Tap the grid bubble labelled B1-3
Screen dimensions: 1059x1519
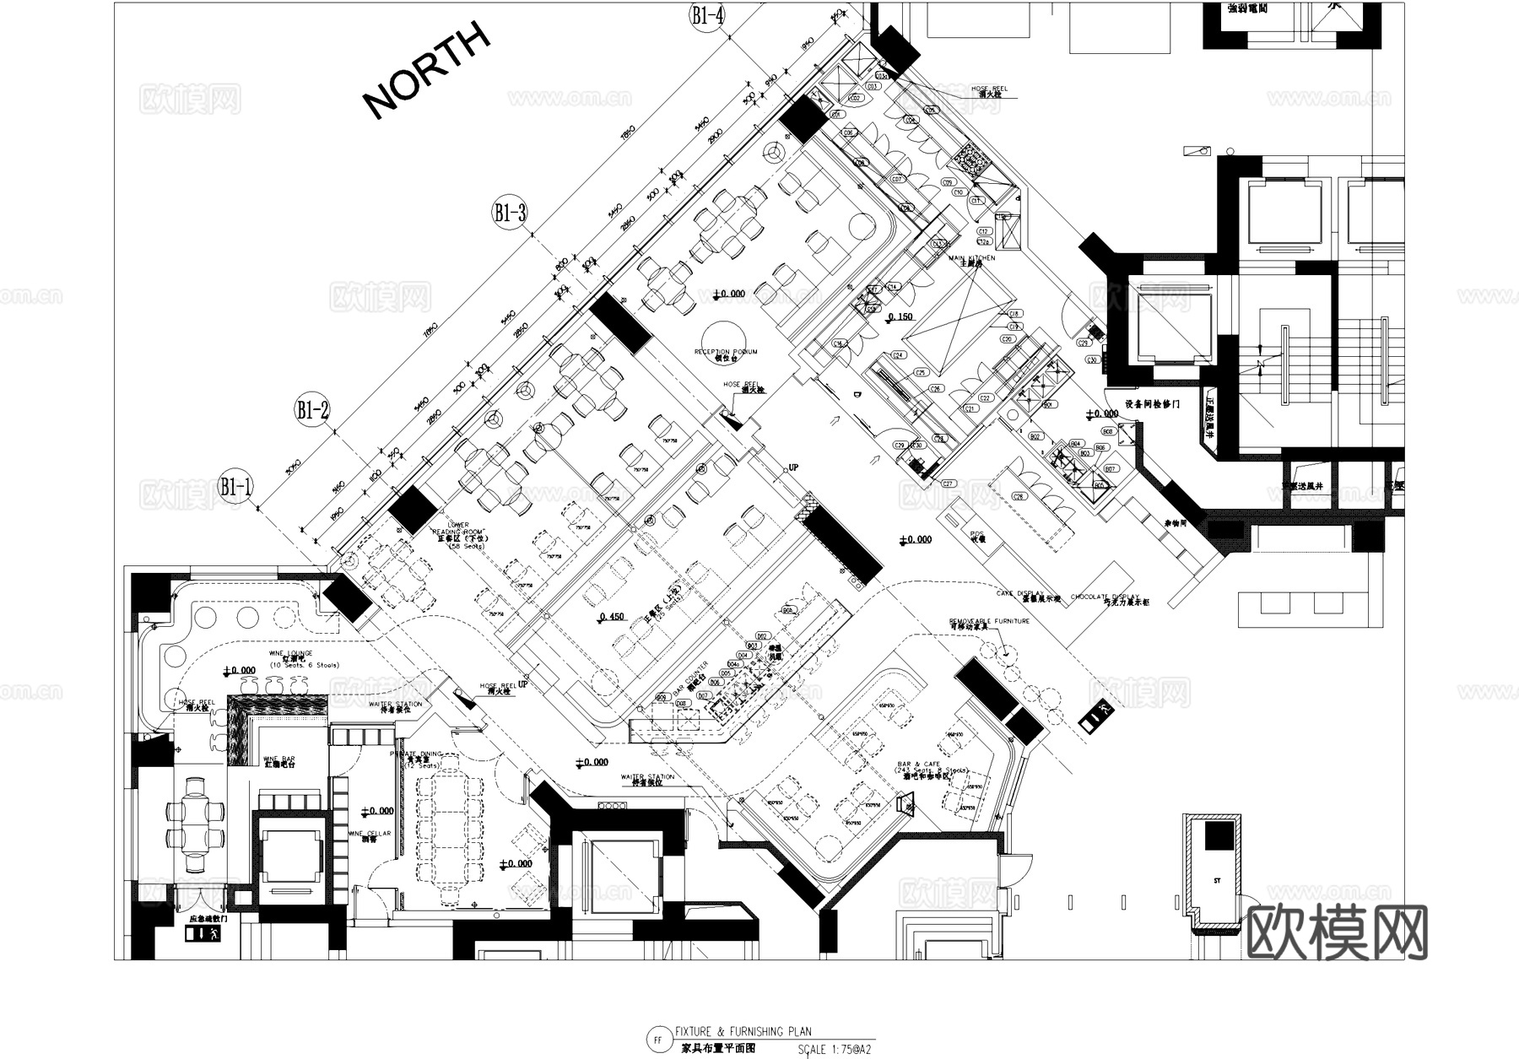click(510, 213)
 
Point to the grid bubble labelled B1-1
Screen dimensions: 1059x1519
click(236, 486)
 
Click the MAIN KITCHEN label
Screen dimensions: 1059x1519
click(971, 259)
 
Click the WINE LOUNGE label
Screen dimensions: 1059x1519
click(290, 654)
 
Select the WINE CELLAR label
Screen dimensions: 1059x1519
click(370, 834)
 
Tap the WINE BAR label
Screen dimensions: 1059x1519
click(279, 759)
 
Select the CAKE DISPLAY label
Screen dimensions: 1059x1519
click(1019, 593)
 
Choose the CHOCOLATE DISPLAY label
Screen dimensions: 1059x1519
click(1104, 597)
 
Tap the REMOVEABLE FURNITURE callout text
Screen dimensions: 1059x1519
click(989, 621)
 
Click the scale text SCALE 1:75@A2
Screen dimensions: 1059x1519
click(834, 1051)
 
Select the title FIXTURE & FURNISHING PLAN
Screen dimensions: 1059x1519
click(743, 1031)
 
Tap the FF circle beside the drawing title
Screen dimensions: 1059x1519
click(657, 1040)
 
